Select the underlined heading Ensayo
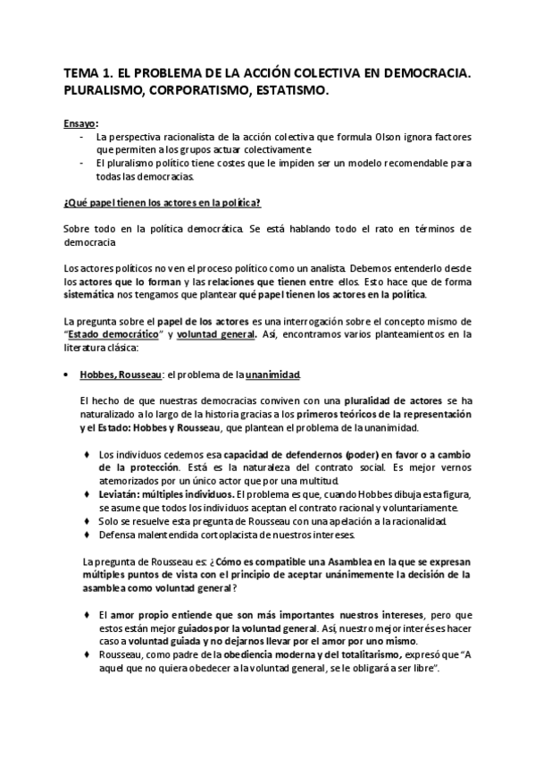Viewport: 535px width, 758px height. click(x=80, y=123)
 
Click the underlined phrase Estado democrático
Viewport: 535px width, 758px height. click(x=113, y=333)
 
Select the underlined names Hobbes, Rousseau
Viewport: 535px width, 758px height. click(x=113, y=373)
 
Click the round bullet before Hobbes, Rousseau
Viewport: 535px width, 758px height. click(x=68, y=373)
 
